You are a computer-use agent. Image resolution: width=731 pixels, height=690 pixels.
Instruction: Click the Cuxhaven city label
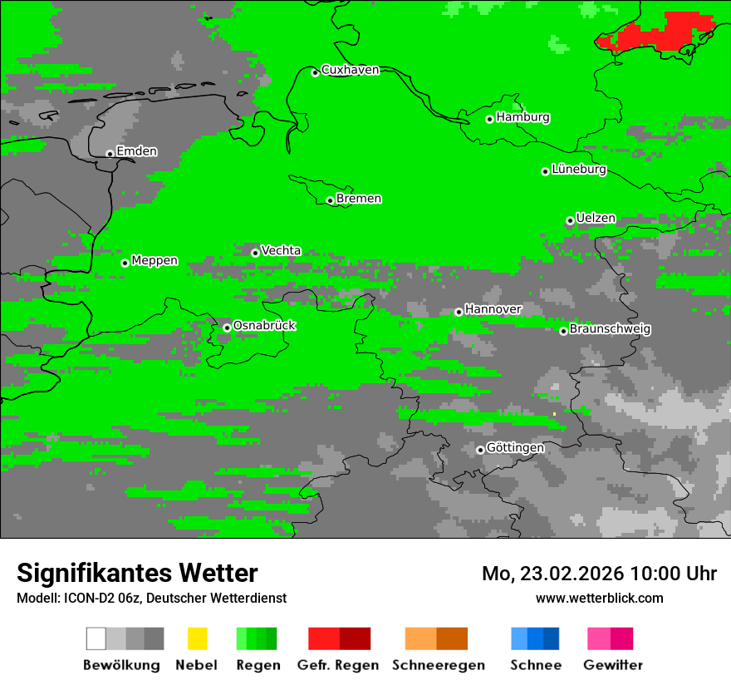coord(350,70)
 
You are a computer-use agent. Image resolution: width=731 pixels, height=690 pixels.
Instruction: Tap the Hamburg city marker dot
coord(489,119)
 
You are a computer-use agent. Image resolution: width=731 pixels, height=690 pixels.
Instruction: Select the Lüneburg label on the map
coord(578,170)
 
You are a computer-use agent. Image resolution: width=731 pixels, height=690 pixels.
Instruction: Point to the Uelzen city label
coord(596,219)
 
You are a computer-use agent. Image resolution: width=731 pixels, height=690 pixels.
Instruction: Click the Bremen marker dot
coord(330,200)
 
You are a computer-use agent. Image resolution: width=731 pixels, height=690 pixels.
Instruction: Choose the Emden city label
coord(136,151)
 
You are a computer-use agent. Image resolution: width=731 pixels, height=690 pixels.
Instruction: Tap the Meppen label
coord(155,261)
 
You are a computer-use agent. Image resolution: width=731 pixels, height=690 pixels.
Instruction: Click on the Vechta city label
coord(281,250)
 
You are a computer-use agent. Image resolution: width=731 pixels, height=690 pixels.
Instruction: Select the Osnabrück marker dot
coord(227,328)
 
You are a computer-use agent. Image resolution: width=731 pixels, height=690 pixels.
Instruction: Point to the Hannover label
coord(493,309)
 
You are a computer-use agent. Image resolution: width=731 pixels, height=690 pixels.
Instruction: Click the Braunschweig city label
coord(610,329)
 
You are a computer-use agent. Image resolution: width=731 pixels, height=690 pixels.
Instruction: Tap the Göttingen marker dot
coord(480,450)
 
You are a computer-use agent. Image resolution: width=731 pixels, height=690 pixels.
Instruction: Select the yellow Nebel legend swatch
coord(197,638)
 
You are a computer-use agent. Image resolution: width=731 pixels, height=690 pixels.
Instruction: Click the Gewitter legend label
coord(612,665)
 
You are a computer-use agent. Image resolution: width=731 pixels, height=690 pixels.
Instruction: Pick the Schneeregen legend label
coord(438,665)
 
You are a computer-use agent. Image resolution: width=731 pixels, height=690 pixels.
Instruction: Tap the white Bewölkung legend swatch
coord(96,638)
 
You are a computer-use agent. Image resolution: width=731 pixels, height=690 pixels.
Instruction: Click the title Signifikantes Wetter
coord(137,574)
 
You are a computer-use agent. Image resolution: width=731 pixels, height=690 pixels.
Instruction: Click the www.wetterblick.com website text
coord(599,598)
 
